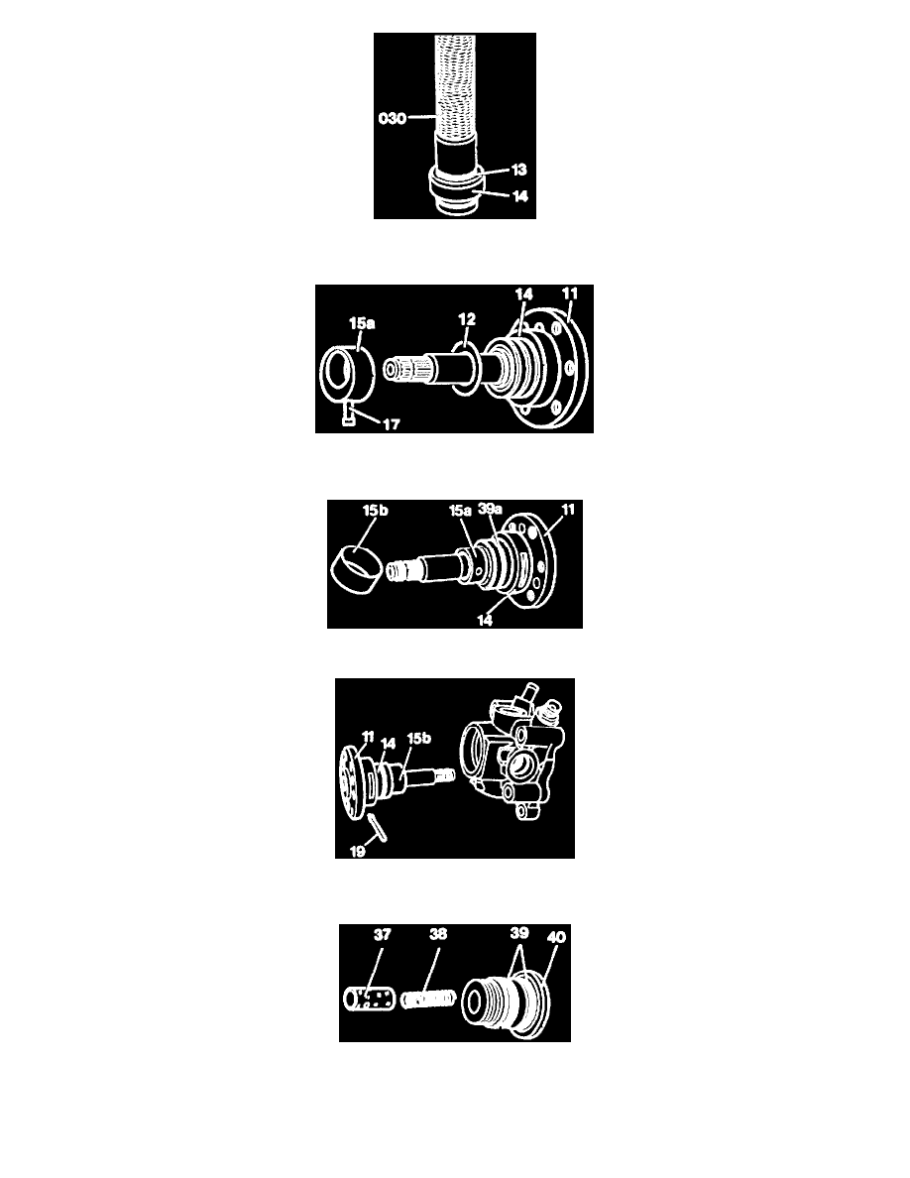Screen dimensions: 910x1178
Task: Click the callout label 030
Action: pos(392,118)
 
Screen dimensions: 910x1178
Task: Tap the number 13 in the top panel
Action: pos(518,170)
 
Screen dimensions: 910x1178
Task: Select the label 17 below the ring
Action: pos(392,424)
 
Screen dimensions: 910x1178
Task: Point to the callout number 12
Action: pos(467,319)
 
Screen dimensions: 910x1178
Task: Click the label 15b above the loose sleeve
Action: pos(375,511)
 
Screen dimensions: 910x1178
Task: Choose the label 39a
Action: pos(491,510)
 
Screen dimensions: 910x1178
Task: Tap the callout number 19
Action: pos(358,851)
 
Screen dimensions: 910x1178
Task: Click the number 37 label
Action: pos(383,935)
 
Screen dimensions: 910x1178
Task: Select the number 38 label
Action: pos(438,934)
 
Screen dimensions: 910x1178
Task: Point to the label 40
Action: pos(556,938)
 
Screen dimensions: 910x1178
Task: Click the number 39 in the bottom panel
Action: pos(519,933)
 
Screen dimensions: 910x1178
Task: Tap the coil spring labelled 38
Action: pos(427,1000)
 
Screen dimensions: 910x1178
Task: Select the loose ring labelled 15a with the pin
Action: pos(347,372)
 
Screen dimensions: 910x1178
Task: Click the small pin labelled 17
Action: pos(348,415)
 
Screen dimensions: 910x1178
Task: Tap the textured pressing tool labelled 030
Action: pos(456,128)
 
